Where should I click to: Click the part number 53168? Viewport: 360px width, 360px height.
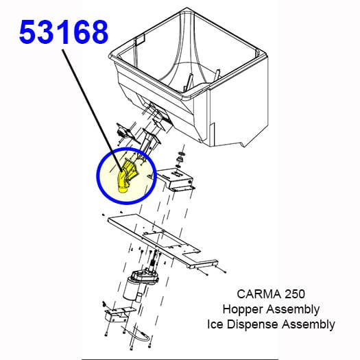click(x=63, y=32)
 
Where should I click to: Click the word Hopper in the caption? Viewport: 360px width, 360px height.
click(x=241, y=309)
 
